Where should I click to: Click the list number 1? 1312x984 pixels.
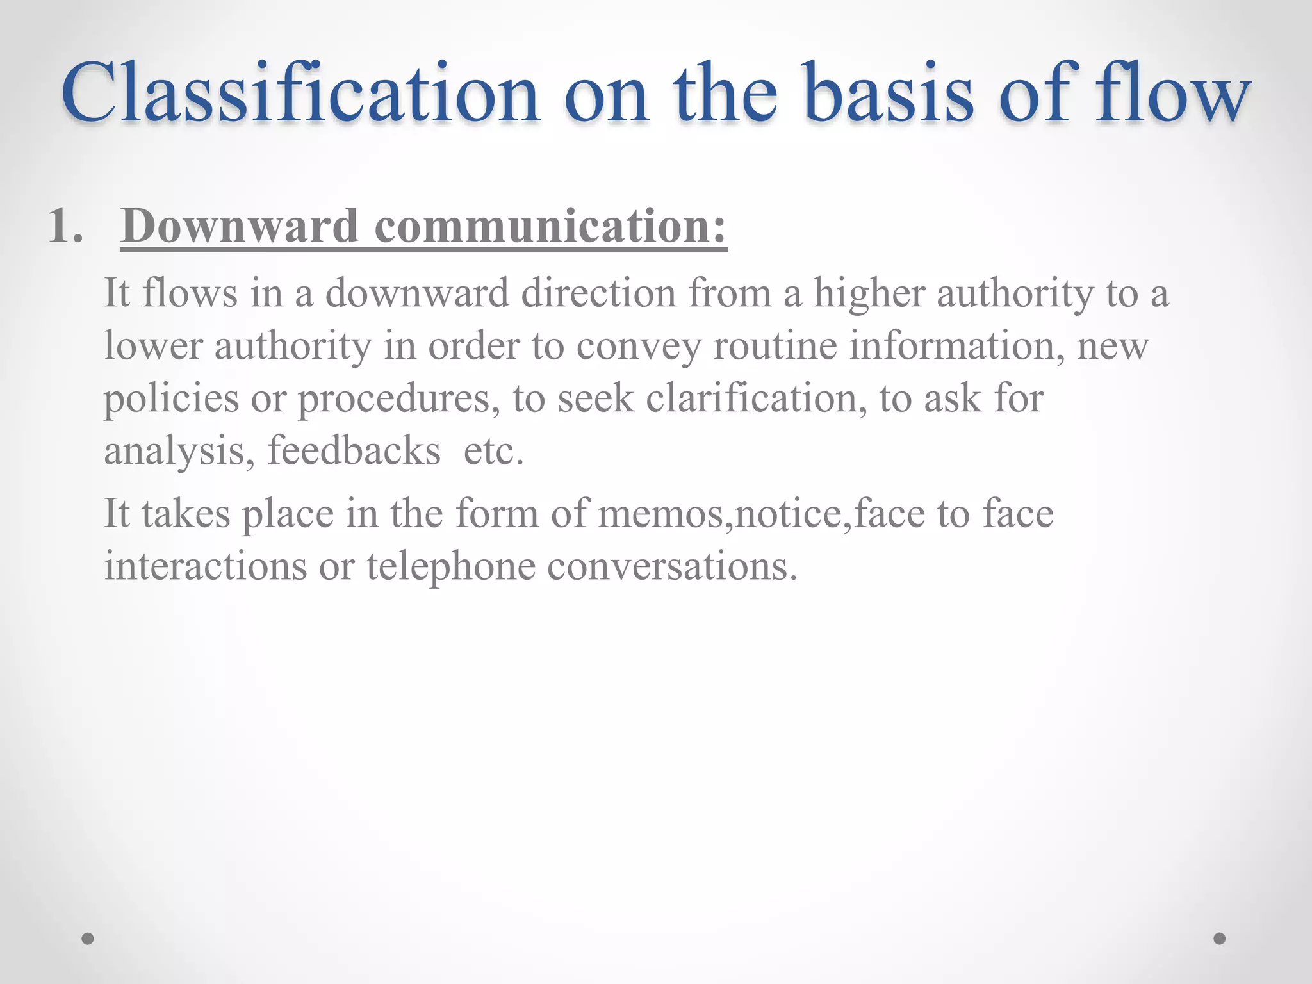(x=65, y=227)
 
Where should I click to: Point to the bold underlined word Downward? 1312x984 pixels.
(x=239, y=227)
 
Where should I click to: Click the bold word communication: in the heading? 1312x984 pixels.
(x=551, y=227)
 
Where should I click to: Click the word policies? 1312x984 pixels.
(x=171, y=399)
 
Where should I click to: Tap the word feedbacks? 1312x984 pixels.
(x=354, y=451)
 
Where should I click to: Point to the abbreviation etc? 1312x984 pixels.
(x=493, y=451)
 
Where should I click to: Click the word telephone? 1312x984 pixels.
(x=451, y=566)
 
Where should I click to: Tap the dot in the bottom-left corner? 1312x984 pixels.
(x=88, y=939)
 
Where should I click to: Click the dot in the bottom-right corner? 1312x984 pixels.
(x=1220, y=939)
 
